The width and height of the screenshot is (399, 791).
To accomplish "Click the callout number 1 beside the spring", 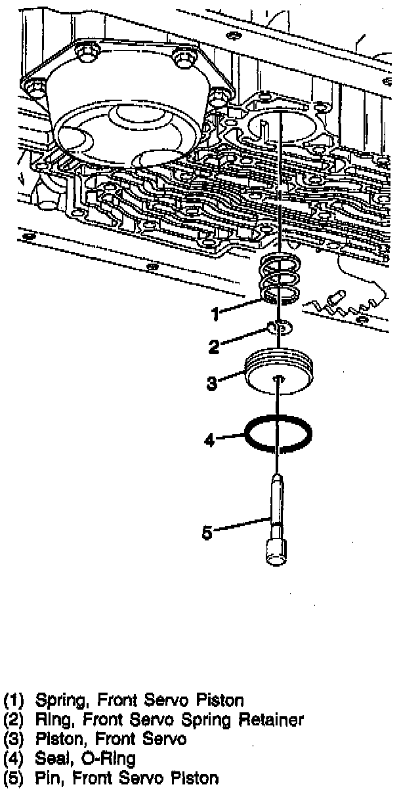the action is (x=215, y=315).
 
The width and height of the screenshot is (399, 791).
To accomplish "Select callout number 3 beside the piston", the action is (x=211, y=383).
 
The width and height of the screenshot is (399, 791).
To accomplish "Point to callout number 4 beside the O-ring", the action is (x=209, y=441).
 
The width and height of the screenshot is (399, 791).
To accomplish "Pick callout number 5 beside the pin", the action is (x=207, y=533).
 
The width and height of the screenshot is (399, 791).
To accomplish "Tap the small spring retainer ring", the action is (x=278, y=327).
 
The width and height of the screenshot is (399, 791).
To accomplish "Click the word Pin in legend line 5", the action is (x=48, y=779).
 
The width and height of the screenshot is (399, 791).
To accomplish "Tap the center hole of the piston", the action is (x=279, y=378).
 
